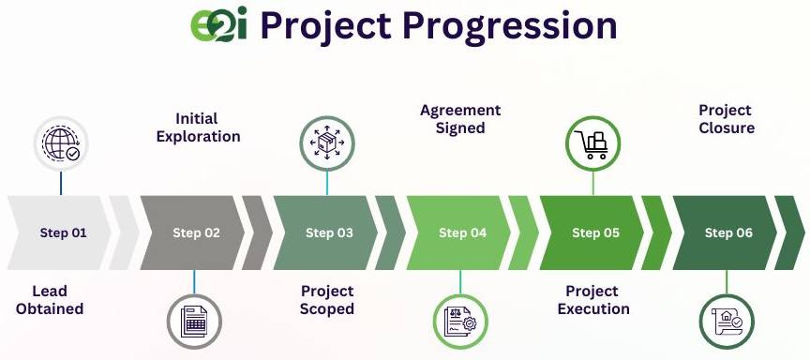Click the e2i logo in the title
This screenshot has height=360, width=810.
pyautogui.click(x=218, y=24)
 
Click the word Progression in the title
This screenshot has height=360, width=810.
pyautogui.click(x=509, y=27)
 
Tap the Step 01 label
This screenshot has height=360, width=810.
pyautogui.click(x=63, y=232)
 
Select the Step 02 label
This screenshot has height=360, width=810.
pyautogui.click(x=196, y=232)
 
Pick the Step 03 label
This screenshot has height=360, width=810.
pyautogui.click(x=329, y=232)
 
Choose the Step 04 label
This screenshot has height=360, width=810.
pyautogui.click(x=462, y=232)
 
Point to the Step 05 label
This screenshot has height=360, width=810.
pyautogui.click(x=595, y=232)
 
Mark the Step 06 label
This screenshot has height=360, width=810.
pyautogui.click(x=728, y=232)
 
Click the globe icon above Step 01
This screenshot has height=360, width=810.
pyautogui.click(x=61, y=143)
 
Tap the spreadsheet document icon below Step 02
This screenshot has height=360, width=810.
pyautogui.click(x=194, y=322)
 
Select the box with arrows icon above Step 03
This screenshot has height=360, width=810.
pyautogui.click(x=327, y=143)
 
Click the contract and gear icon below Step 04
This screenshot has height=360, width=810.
pyautogui.click(x=460, y=322)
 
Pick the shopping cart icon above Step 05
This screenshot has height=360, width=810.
pyautogui.click(x=593, y=143)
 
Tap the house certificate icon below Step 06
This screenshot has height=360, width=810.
pyautogui.click(x=727, y=322)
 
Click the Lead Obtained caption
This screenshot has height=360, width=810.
pyautogui.click(x=50, y=300)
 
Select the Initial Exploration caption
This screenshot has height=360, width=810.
pyautogui.click(x=199, y=127)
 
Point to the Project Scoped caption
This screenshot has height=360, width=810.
pyautogui.click(x=327, y=300)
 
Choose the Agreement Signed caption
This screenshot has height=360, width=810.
pyautogui.click(x=460, y=119)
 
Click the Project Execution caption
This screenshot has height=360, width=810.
pyautogui.click(x=593, y=300)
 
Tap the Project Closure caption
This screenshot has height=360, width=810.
pyautogui.click(x=727, y=119)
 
